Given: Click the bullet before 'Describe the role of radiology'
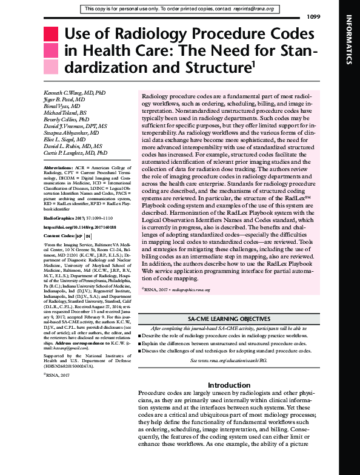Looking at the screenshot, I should [139, 335].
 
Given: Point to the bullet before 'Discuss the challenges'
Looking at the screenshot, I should [139, 351].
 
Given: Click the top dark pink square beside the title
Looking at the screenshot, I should [54, 35].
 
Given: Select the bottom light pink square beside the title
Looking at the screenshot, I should [54, 67].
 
